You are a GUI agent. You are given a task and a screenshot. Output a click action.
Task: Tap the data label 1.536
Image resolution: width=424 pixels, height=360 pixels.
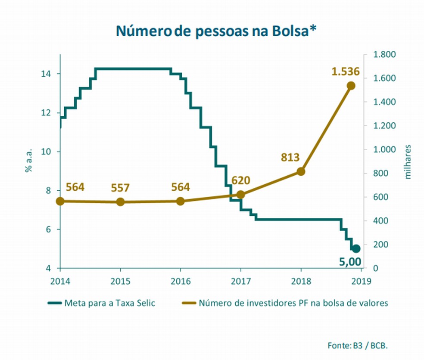(x=345, y=71)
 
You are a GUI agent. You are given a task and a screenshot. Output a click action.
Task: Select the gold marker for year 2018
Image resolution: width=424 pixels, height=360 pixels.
(x=301, y=171)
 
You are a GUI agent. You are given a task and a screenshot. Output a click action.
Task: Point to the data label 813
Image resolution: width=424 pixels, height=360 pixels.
(x=290, y=158)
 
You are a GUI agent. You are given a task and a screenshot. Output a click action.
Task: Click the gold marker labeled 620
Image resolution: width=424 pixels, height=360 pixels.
(x=240, y=195)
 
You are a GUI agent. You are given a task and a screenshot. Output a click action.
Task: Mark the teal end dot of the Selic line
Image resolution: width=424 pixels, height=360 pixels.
(x=356, y=248)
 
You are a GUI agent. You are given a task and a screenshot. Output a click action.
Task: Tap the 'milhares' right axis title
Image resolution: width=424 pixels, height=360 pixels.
(x=408, y=162)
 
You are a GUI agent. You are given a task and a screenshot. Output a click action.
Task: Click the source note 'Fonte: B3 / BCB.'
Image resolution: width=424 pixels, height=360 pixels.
(x=361, y=345)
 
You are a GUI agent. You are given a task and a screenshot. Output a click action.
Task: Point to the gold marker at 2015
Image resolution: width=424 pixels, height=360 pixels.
(x=120, y=202)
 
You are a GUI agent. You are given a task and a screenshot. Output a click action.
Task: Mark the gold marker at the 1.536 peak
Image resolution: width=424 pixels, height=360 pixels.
(x=351, y=86)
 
